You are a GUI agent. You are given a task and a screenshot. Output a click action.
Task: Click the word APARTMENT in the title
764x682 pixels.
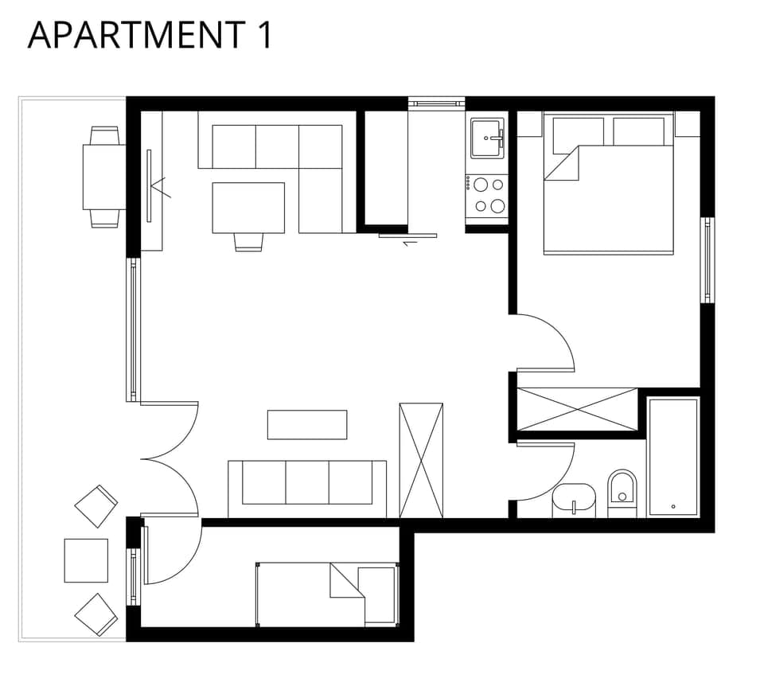click(x=135, y=36)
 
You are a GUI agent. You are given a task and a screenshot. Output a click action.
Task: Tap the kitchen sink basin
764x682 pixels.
click(x=486, y=138)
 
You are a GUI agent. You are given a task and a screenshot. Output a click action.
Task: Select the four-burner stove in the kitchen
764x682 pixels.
click(x=486, y=195)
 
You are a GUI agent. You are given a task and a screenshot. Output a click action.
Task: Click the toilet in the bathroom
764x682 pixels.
click(x=622, y=492)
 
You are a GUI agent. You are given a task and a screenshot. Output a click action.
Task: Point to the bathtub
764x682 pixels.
click(x=673, y=457)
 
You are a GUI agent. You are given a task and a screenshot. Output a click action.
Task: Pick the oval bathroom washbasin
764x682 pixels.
click(x=574, y=499)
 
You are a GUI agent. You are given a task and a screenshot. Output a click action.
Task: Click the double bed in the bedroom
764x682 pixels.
click(x=609, y=191)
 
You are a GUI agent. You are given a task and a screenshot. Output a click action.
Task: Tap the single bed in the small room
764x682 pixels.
click(x=326, y=594)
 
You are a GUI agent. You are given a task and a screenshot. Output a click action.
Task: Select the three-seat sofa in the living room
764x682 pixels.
click(x=307, y=485)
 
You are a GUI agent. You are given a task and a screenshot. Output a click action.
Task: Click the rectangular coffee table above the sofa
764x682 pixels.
click(x=307, y=424)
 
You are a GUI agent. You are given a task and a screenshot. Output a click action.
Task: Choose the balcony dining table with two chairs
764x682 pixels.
click(x=104, y=177)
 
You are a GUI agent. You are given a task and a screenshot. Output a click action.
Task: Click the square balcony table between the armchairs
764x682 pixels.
click(x=86, y=560)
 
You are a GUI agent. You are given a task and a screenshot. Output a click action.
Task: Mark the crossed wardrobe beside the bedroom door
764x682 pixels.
click(x=578, y=409)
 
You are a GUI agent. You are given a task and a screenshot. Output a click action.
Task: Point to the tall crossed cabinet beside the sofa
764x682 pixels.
click(x=421, y=460)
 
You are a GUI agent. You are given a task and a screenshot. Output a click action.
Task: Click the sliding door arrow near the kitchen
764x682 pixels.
click(x=410, y=244)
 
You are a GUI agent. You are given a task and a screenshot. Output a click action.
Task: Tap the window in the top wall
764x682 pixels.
click(x=436, y=103)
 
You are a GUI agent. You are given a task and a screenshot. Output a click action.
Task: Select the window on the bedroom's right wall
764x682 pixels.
click(x=707, y=260)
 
